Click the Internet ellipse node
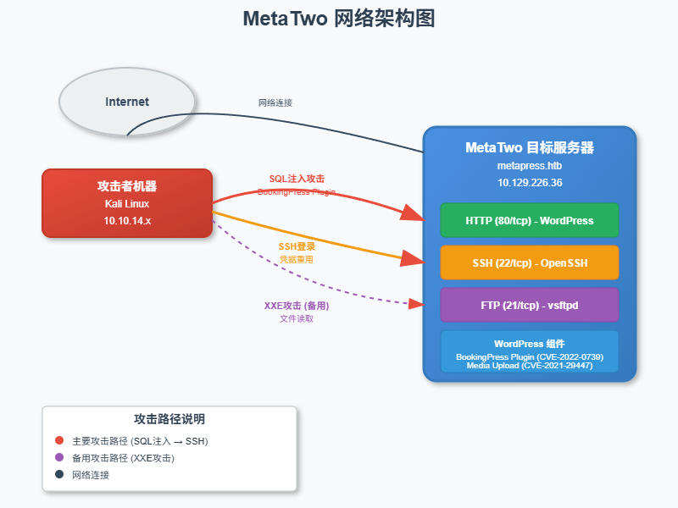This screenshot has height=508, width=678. click(127, 102)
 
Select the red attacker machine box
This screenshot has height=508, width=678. click(127, 203)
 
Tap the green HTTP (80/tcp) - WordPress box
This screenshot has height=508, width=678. click(530, 220)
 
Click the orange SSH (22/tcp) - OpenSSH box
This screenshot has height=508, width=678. click(530, 262)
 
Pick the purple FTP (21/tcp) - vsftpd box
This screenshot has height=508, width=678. click(530, 305)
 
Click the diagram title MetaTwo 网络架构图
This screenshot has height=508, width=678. click(339, 19)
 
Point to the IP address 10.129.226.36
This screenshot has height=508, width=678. click(530, 182)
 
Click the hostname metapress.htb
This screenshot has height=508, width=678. click(530, 166)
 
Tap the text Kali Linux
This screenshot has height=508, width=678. click(127, 203)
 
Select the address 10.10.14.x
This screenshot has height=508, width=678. click(127, 220)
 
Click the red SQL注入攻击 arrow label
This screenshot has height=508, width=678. click(297, 179)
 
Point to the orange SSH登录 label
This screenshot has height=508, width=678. click(297, 246)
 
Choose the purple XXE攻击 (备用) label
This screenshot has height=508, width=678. click(297, 306)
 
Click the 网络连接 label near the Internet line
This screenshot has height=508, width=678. click(275, 102)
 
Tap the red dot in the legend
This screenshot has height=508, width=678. click(59, 440)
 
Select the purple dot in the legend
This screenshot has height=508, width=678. click(59, 457)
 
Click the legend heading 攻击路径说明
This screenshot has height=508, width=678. click(169, 419)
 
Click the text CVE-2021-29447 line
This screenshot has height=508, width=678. click(530, 366)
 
